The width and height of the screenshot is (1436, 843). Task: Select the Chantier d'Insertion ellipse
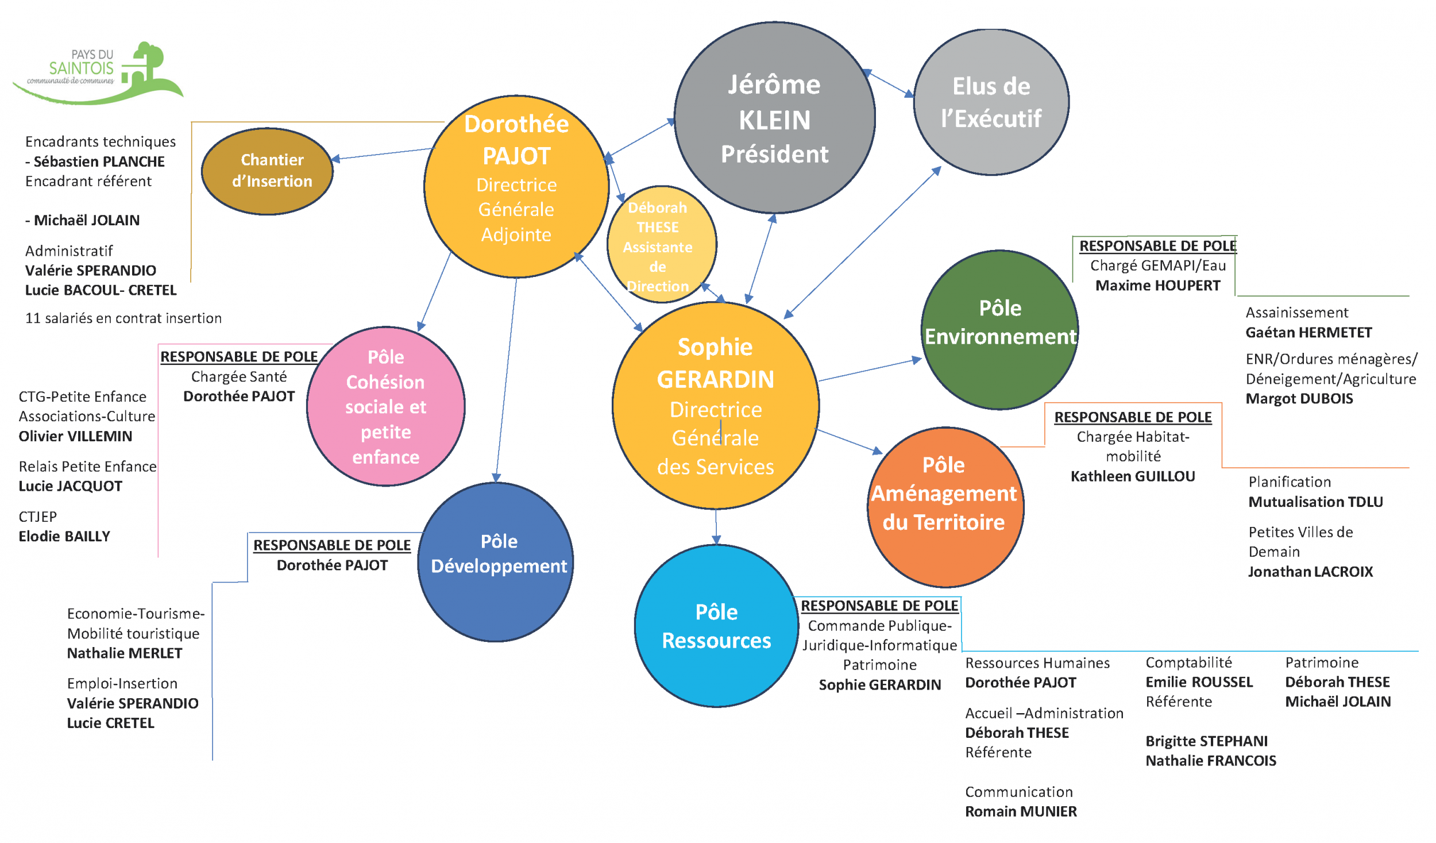268,171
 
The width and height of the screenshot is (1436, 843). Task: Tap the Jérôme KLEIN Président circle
774,118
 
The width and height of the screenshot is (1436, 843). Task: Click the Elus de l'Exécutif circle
991,102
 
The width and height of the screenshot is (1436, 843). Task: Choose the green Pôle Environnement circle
999,330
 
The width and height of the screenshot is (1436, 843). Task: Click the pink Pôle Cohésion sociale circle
386,406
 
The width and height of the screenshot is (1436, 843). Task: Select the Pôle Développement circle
496,561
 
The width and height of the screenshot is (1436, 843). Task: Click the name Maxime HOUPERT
1157,286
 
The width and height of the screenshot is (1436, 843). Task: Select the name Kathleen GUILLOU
1133,476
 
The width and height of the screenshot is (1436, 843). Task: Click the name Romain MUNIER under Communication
1021,811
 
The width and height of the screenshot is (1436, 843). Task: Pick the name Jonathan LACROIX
1310,572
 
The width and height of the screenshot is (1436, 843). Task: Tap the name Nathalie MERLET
125,653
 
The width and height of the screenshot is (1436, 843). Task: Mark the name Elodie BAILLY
64,537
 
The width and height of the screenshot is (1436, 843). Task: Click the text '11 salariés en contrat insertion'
123,318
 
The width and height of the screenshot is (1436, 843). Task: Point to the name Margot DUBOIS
1299,399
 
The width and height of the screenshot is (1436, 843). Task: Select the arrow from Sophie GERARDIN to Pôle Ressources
716,526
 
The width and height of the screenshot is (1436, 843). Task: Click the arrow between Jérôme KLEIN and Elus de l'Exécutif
889,83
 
